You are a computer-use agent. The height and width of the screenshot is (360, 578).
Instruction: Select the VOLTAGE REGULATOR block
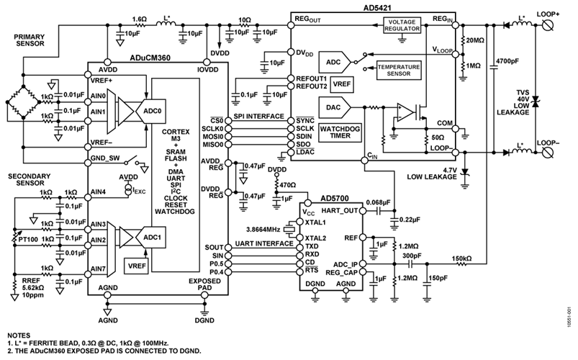coord(404,24)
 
